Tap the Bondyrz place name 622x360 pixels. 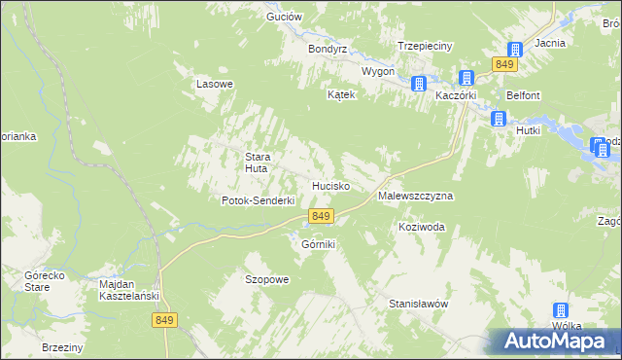(x=327, y=48)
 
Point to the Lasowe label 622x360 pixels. (x=215, y=84)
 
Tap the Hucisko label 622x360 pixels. (x=330, y=185)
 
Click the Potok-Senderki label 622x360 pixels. (x=258, y=200)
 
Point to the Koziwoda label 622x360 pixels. (x=421, y=227)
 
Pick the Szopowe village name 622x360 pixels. (x=266, y=279)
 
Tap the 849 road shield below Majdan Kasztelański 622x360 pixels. (x=164, y=319)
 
